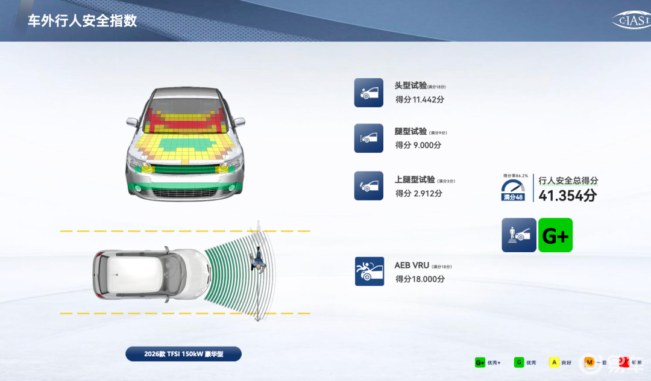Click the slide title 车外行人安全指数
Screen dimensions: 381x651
(83, 21)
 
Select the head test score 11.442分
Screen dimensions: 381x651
(420, 99)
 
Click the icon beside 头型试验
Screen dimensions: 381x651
(368, 93)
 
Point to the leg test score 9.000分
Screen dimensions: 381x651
(418, 145)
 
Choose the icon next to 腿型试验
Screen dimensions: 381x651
(368, 138)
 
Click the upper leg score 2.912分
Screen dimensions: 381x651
(418, 193)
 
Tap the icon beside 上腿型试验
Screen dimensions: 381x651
(368, 186)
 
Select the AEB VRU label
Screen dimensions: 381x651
(411, 265)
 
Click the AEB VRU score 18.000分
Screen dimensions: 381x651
(420, 279)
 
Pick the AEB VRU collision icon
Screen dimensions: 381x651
(369, 271)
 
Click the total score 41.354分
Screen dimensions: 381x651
(567, 196)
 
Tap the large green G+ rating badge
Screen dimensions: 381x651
(555, 235)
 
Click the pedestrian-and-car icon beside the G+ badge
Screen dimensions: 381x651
(518, 235)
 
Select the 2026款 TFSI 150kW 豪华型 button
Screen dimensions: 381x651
(183, 354)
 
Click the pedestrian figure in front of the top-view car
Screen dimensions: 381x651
(259, 261)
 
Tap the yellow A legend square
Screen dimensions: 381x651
(553, 362)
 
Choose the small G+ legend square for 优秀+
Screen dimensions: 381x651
(480, 362)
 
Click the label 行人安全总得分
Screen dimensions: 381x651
(568, 181)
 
